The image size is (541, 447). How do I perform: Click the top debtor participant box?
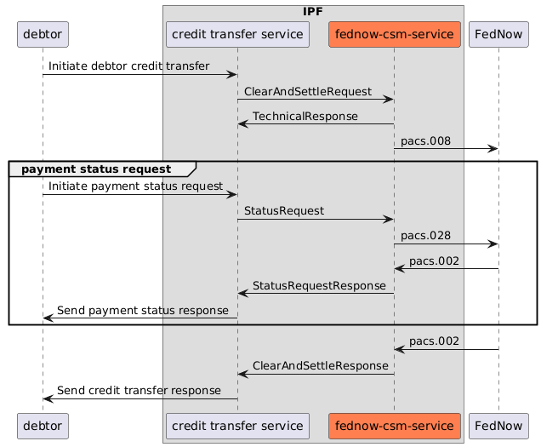point(42,34)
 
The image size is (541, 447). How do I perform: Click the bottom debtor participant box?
point(42,425)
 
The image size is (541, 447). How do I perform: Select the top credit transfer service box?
point(237,34)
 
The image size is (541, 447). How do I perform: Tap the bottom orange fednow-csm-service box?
point(394,425)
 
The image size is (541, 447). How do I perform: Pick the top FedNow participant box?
point(498,34)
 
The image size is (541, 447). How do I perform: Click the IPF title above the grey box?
point(312,11)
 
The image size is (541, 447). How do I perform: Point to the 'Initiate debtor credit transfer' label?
point(128,66)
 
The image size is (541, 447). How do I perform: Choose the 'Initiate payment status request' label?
point(135,185)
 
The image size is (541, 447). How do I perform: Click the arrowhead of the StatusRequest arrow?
point(389,220)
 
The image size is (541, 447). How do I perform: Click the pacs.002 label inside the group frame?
point(435,261)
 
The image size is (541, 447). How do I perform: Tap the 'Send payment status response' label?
point(142,310)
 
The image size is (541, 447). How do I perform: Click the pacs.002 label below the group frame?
point(435,341)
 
